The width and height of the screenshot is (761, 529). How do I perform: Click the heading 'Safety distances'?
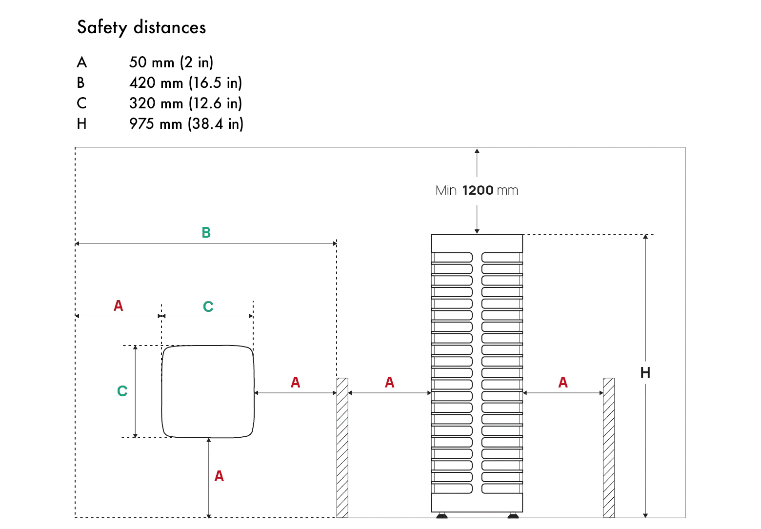141,27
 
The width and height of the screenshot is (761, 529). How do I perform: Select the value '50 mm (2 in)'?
171,62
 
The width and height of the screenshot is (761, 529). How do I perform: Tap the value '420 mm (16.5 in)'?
185,83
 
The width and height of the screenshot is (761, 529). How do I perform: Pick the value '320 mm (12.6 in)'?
185,103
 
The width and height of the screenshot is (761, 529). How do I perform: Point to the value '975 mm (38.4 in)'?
186,124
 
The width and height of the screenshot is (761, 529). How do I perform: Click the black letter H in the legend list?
81,124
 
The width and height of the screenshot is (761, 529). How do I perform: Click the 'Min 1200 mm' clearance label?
477,190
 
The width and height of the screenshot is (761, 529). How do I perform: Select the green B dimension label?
206,233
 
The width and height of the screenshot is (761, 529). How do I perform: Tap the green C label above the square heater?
208,306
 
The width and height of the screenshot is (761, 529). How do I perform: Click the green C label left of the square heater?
122,391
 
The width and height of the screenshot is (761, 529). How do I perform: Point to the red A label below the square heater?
219,476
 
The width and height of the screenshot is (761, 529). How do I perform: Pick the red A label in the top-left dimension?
118,305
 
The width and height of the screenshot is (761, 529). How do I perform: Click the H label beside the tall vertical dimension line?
645,373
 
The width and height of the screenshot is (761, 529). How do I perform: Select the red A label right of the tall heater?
563,382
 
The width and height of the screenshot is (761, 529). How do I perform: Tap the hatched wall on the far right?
608,447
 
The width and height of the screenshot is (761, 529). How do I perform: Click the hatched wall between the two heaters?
342,447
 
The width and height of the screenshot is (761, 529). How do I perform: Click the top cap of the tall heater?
477,243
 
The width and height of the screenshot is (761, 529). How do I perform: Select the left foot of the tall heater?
442,515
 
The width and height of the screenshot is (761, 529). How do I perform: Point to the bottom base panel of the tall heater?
477,502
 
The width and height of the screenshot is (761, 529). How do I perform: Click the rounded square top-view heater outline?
208,391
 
